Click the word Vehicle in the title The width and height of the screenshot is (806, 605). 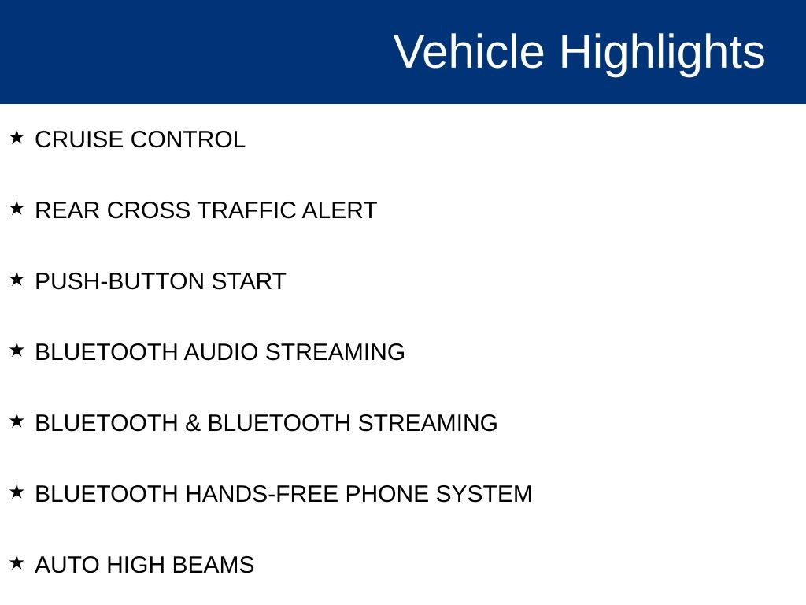point(469,51)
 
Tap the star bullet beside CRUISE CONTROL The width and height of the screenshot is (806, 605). point(17,137)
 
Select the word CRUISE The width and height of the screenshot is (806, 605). point(79,140)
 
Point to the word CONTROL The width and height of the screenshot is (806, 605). point(187,140)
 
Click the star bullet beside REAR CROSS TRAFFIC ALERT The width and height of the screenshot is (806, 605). point(17,208)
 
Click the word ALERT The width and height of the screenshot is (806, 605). point(339,210)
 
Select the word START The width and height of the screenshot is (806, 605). point(249,281)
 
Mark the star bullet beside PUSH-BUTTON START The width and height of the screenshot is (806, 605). point(17,280)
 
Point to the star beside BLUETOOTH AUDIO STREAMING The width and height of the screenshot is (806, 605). point(17,351)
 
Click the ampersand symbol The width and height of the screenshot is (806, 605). point(192,423)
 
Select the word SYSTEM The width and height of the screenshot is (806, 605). point(484,494)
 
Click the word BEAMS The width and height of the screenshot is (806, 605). point(213,565)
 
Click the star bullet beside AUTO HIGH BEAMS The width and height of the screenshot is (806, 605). point(17,562)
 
